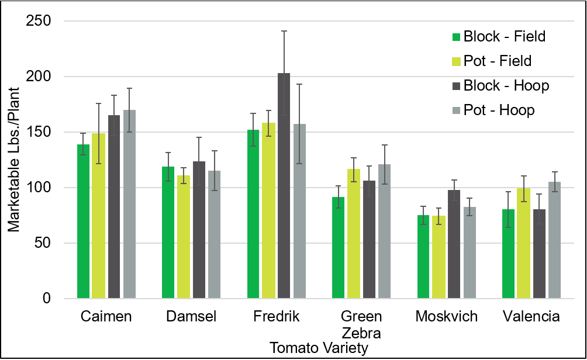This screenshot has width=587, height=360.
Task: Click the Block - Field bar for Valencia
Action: [x=509, y=254]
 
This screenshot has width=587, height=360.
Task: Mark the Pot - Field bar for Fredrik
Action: [x=268, y=210]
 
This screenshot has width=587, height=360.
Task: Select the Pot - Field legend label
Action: [x=497, y=61]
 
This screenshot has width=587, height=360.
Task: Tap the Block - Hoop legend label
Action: [x=506, y=85]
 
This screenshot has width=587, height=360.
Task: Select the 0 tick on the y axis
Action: [x=47, y=299]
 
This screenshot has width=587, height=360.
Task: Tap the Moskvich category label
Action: [x=446, y=317]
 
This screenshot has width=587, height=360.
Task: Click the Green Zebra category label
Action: [x=361, y=325]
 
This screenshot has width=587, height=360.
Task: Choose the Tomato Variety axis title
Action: [x=319, y=348]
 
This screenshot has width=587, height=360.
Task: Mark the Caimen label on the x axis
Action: [x=106, y=317]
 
